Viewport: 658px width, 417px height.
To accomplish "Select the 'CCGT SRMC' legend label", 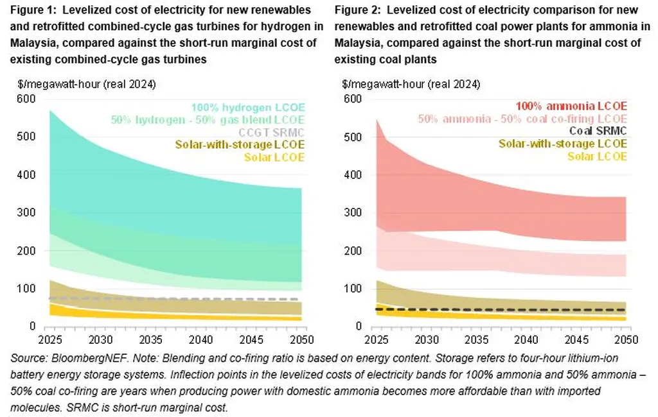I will pyautogui.click(x=278, y=132).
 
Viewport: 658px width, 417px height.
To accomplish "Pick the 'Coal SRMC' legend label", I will pyautogui.click(x=598, y=131).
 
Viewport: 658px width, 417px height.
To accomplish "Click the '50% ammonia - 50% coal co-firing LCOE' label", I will pyautogui.click(x=522, y=119).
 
